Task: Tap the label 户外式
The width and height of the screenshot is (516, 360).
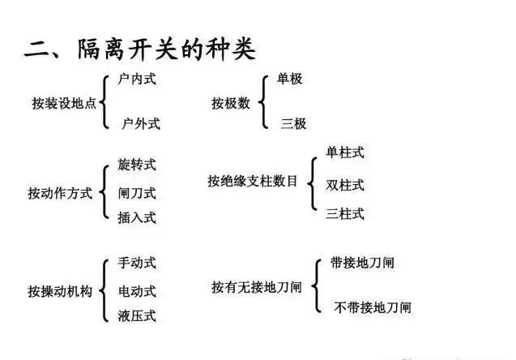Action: pyautogui.click(x=140, y=123)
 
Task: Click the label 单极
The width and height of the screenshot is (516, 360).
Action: pyautogui.click(x=289, y=79)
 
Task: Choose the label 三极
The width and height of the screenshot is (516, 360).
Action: pyautogui.click(x=293, y=123)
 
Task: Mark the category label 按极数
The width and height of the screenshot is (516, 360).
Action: pyautogui.click(x=231, y=103)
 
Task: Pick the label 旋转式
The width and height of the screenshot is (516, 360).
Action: pyautogui.click(x=136, y=165)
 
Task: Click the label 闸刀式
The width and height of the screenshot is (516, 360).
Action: pyautogui.click(x=136, y=193)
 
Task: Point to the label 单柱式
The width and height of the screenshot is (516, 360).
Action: pyautogui.click(x=345, y=152)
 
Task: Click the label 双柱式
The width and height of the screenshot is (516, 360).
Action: pyautogui.click(x=345, y=185)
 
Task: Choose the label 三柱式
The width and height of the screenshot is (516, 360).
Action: pyautogui.click(x=345, y=214)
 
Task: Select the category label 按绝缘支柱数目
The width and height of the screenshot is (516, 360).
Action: pyautogui.click(x=252, y=181)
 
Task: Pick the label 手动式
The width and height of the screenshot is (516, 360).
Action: pyautogui.click(x=136, y=263)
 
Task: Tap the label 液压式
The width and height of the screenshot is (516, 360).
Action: pyautogui.click(x=136, y=315)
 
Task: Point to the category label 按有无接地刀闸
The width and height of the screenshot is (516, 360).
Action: pyautogui.click(x=257, y=287)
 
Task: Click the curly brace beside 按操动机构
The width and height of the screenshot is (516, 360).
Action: pyautogui.click(x=106, y=289)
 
